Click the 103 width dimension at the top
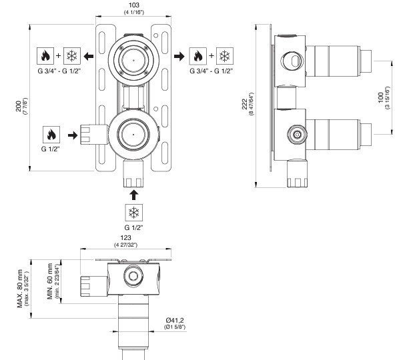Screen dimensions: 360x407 click(131, 5)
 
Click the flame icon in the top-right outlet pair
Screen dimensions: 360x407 click(198, 56)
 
